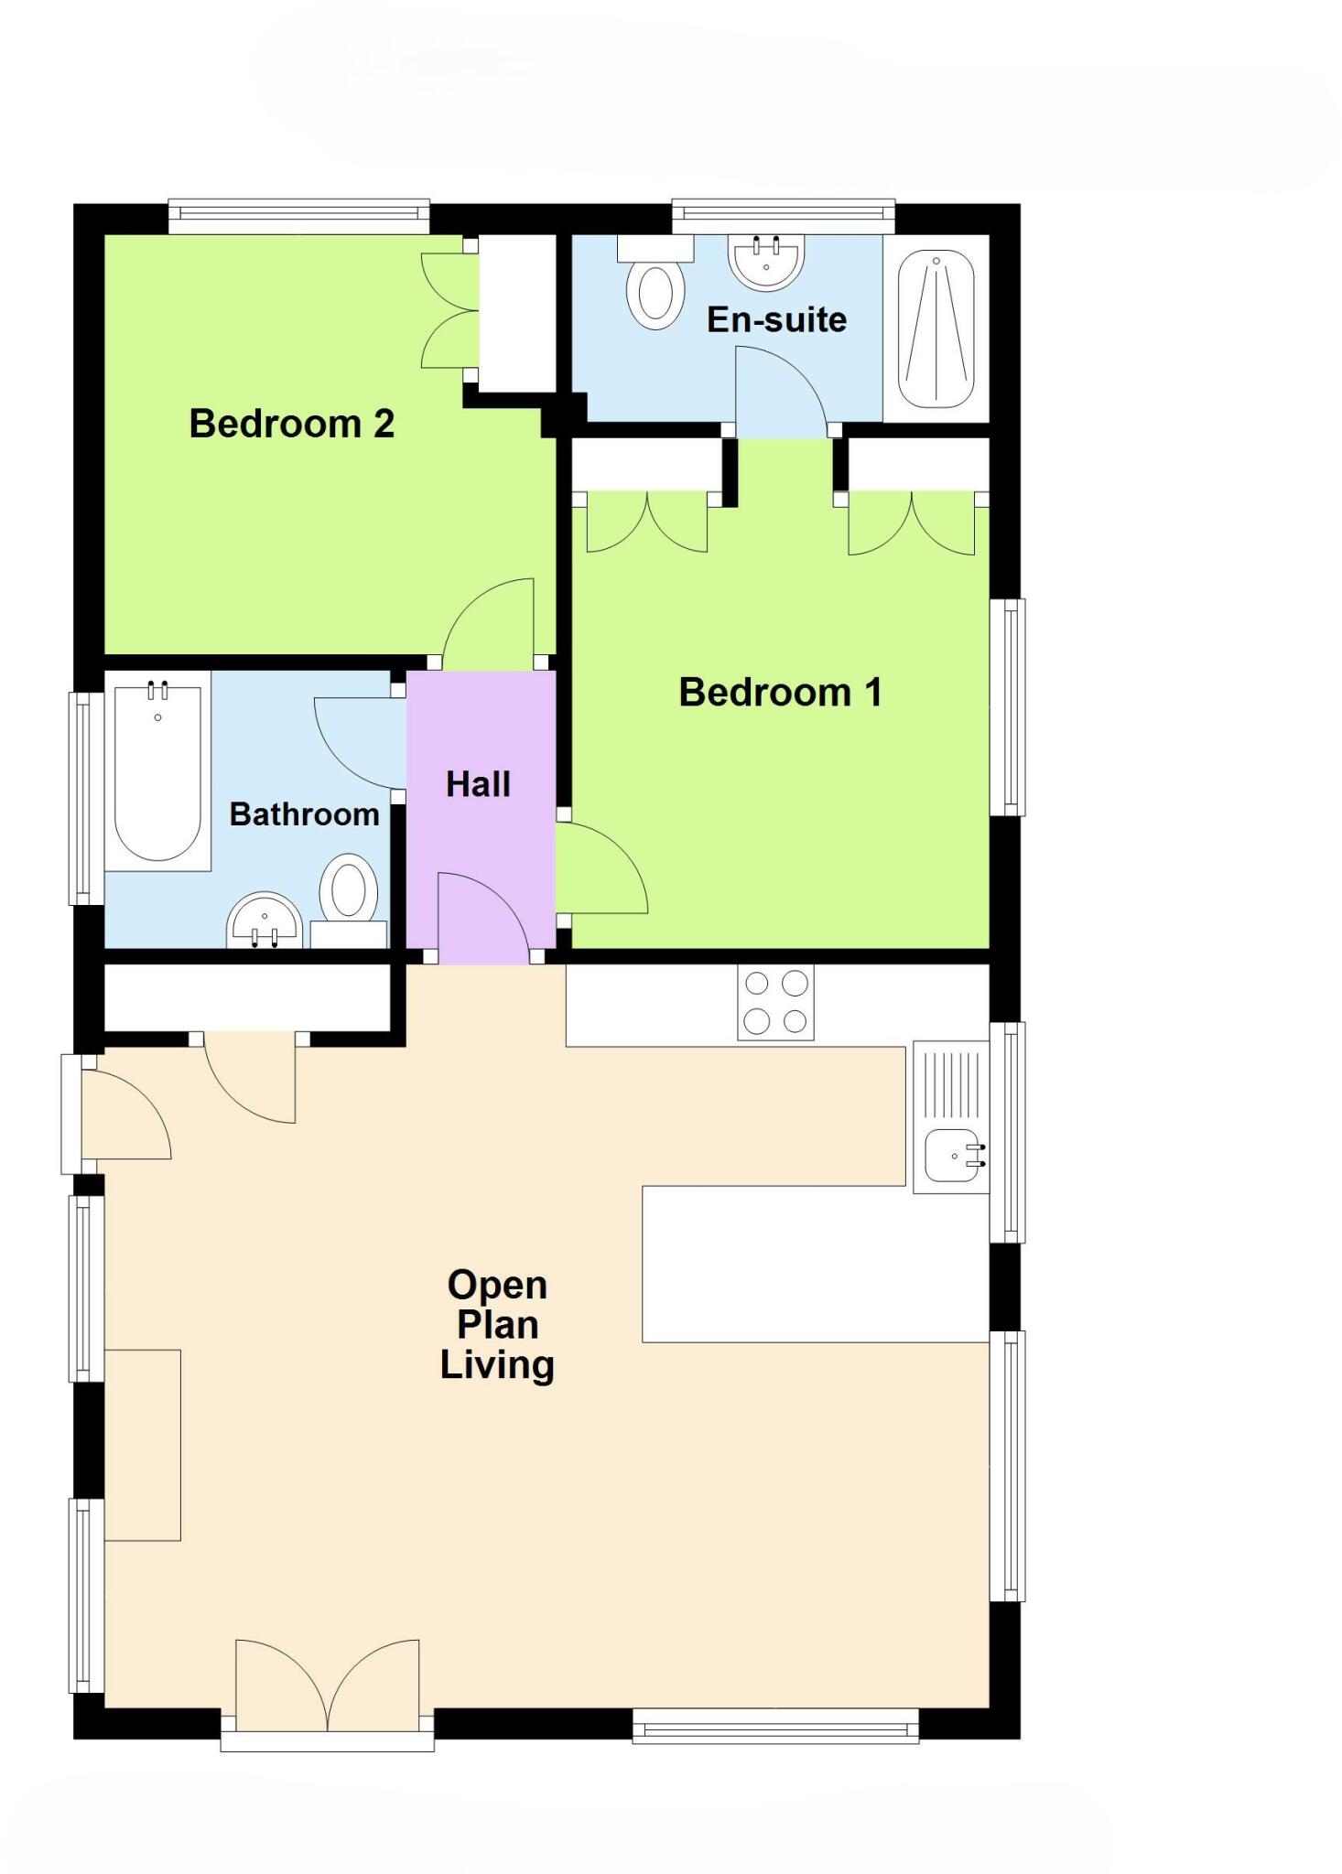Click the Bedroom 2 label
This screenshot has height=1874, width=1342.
(291, 424)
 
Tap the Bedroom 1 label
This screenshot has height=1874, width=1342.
(780, 692)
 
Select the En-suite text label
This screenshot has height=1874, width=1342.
(776, 319)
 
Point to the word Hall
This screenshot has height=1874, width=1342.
(478, 784)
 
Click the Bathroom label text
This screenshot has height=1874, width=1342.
(304, 813)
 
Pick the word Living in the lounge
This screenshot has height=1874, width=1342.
(497, 1365)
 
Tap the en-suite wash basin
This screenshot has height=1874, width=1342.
(766, 259)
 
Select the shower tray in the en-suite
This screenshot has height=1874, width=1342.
(936, 329)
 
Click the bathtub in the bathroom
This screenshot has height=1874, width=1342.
(157, 770)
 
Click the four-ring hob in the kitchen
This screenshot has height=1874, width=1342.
(775, 1002)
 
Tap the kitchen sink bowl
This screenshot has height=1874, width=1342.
(952, 1156)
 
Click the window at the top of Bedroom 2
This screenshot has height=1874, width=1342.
(298, 215)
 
